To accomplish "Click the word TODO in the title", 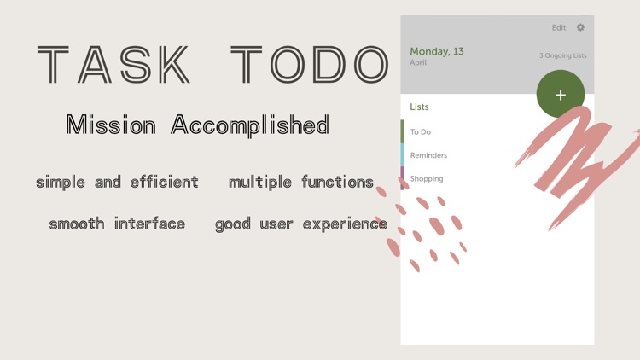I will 310,65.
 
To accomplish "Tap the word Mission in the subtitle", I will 111,125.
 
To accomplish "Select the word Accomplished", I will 250,125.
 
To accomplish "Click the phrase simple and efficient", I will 117,182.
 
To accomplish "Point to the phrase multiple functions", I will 301,182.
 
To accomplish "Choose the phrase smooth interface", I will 117,224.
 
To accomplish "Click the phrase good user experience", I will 301,224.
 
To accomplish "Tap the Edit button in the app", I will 559,27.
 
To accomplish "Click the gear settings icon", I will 580,27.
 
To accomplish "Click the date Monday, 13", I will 437,51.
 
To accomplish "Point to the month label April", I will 418,63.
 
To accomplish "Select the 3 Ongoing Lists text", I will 562,55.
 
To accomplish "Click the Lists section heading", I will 419,107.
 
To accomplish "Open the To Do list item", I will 421,132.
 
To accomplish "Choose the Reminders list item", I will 428,155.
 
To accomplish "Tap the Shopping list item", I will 427,178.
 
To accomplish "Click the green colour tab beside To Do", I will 403,132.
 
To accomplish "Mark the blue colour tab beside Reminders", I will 403,155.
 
